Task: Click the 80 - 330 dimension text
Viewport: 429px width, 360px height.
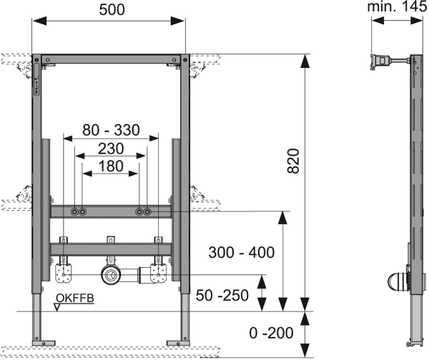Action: tap(110, 131)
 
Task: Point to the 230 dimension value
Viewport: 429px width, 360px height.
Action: tap(110, 149)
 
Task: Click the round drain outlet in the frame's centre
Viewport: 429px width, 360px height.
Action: tap(111, 274)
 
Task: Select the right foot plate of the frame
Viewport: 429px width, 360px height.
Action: tap(178, 341)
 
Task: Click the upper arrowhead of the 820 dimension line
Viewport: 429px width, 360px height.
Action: tap(304, 60)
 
